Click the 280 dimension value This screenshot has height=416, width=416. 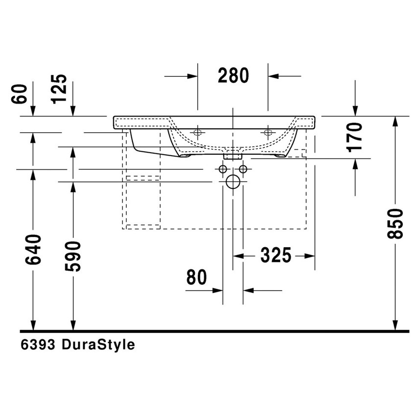[233, 76]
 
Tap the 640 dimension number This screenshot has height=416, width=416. [33, 249]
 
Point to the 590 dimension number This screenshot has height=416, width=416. [73, 256]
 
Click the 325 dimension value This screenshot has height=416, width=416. [276, 255]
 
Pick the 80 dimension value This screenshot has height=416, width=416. [197, 277]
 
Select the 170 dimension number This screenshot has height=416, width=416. [356, 136]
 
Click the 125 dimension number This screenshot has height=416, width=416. [60, 89]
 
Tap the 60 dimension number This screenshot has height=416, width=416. [20, 93]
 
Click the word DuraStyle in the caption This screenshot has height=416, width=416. [97, 345]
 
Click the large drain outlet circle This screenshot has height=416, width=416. [232, 182]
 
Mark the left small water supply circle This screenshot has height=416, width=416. [223, 169]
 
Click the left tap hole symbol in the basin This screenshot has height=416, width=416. [198, 133]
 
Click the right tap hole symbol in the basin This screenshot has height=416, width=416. [268, 133]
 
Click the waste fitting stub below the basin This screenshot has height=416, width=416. [232, 156]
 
